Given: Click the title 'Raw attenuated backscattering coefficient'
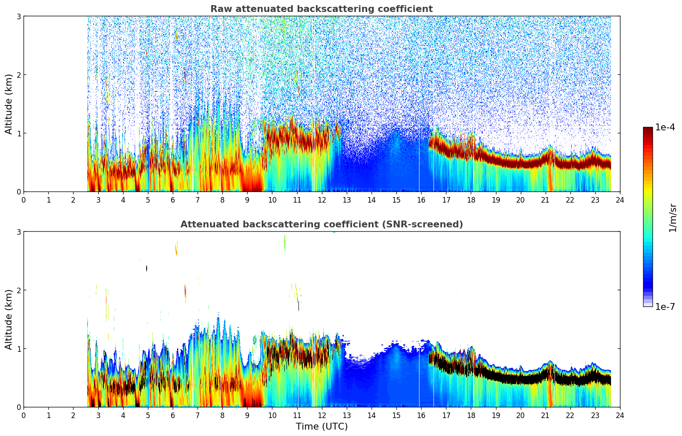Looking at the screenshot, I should tap(321, 9).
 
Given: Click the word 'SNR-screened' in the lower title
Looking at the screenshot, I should tap(429, 224).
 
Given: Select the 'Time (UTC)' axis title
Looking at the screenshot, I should tap(322, 427).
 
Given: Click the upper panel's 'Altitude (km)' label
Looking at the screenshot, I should tap(9, 104).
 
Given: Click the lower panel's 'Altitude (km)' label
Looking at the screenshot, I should tap(9, 319).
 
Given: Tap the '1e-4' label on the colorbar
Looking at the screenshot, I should tap(665, 127).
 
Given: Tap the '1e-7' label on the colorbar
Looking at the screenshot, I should tap(665, 307).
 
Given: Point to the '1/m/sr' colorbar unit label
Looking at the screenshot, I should tap(673, 218).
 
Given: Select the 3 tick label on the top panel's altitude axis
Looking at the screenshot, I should tap(19, 17).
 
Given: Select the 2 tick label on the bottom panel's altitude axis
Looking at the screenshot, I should tap(19, 290).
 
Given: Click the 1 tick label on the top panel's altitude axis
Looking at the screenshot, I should tap(19, 133).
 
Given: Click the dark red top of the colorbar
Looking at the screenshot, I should tap(647, 129).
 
